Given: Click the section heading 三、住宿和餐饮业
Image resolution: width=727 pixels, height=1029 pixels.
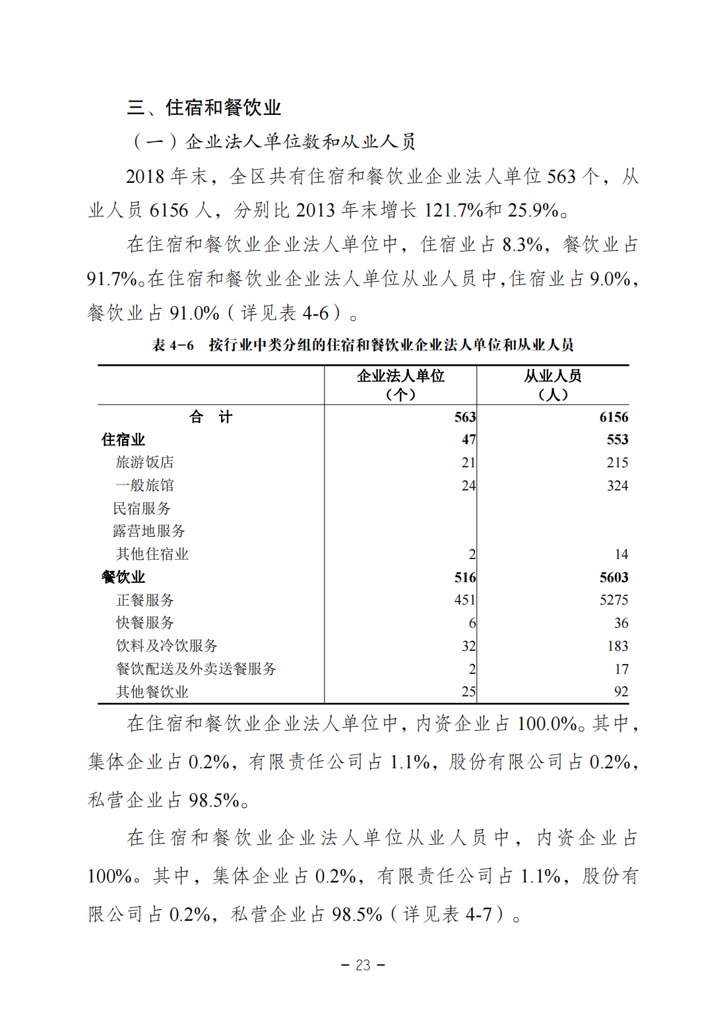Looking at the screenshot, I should [x=204, y=108].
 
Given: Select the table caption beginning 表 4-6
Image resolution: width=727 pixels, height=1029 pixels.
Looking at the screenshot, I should [x=363, y=345].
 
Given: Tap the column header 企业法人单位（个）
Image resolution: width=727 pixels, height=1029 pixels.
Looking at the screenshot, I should [x=400, y=385].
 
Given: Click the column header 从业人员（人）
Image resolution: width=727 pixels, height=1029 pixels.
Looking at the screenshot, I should [x=553, y=385].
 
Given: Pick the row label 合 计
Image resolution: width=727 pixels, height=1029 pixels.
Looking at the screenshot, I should [x=210, y=417].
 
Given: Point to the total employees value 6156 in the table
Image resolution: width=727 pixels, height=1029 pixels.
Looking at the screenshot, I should [x=614, y=417].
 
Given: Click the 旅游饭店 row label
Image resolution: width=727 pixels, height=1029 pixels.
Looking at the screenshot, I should [x=145, y=462].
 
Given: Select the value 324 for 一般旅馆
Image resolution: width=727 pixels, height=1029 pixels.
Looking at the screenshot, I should [x=617, y=486].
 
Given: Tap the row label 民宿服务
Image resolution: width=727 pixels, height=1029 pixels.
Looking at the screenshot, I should [x=142, y=508].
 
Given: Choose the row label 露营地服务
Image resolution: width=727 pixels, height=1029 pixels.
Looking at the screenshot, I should [x=149, y=531].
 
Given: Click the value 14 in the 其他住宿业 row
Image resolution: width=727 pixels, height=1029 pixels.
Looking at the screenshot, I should [x=621, y=554].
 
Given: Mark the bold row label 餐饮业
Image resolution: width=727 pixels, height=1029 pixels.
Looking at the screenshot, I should [x=123, y=577].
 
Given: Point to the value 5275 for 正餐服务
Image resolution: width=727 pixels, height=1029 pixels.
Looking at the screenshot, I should [x=614, y=600].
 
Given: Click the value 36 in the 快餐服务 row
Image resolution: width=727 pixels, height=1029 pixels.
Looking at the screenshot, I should [x=621, y=623].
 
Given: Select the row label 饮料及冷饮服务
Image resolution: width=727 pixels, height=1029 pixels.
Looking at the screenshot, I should [x=167, y=646].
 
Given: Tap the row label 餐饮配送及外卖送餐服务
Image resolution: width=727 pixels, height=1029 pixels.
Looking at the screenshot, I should [x=196, y=669].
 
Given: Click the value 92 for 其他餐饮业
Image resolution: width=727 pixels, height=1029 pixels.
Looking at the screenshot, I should [x=621, y=692].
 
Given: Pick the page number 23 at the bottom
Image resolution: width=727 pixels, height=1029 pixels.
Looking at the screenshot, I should [x=363, y=965].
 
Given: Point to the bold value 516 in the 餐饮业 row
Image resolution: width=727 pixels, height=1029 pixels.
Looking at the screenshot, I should [x=465, y=578].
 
